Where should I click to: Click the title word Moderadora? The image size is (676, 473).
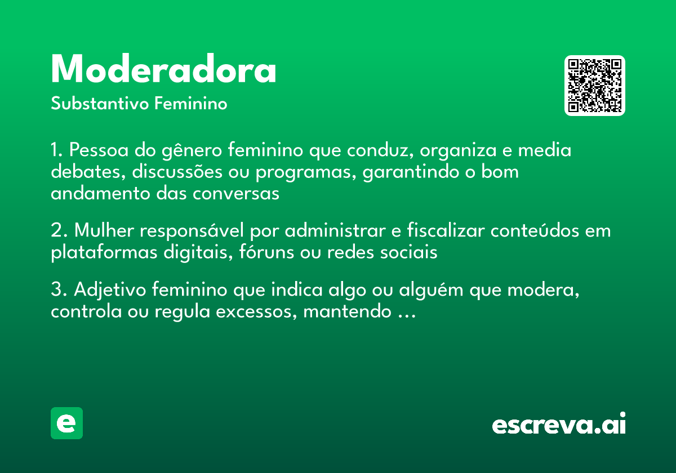163,70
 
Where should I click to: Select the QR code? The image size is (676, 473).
594,86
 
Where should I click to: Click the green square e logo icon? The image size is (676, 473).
66,423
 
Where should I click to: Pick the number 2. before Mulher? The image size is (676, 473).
59,231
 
